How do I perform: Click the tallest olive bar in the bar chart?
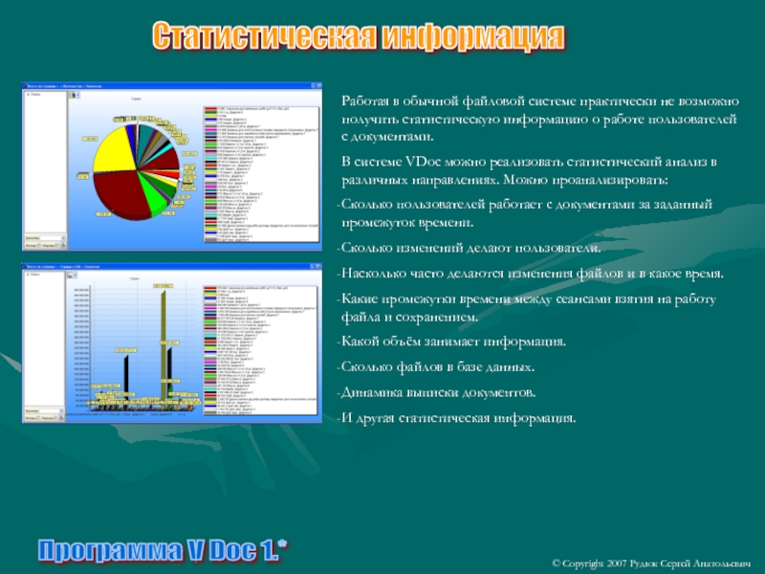164,344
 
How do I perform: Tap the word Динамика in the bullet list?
373,393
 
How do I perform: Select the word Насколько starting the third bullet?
377,274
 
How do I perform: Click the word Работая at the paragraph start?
366,100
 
